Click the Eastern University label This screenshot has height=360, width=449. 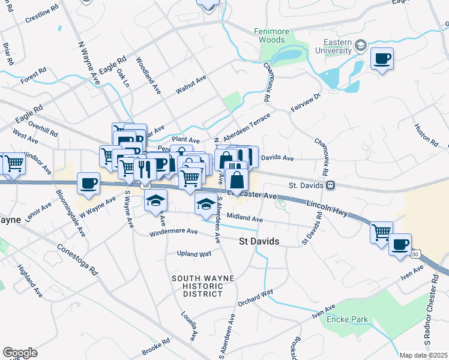329,47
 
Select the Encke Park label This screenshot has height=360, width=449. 347,319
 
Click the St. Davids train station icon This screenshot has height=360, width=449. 331,185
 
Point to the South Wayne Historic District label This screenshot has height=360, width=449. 197,286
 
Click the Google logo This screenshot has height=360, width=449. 20,352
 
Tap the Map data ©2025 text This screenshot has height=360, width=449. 424,355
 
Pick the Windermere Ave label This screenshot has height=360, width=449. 173,231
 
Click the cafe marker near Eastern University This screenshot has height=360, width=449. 382,59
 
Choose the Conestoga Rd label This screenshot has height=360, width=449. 77,258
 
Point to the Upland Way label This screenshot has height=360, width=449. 194,254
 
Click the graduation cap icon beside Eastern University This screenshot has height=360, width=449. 360,45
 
